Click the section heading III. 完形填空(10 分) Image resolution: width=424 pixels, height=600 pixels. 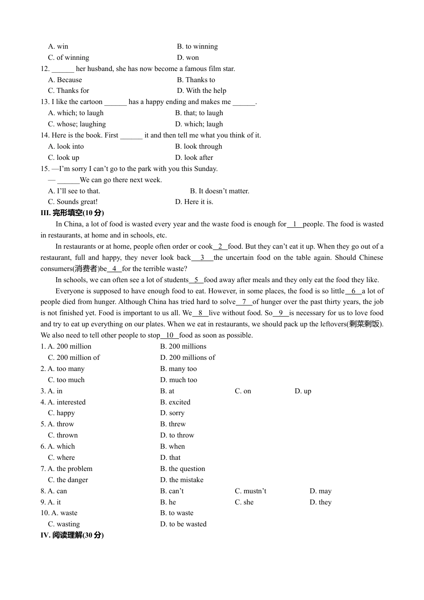point(72,213)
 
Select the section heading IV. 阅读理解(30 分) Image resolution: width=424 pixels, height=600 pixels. point(72,535)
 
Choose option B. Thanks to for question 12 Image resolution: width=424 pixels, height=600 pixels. point(196,80)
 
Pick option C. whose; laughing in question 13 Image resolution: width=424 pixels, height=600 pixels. point(77,124)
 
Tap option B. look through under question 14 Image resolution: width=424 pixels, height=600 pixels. point(199,146)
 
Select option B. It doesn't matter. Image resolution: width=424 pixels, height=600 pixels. point(220,191)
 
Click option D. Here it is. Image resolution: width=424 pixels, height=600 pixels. point(194,202)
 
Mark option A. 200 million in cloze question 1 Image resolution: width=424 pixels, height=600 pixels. point(70,346)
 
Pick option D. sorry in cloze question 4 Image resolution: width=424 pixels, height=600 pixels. point(172,413)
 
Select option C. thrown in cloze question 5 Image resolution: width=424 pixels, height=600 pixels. point(63,435)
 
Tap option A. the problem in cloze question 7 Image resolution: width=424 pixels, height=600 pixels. point(70,469)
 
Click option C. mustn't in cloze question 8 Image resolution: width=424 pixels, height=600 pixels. point(250,491)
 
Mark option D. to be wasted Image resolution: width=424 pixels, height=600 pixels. point(183,524)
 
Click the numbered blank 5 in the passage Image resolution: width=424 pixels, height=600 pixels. point(196,280)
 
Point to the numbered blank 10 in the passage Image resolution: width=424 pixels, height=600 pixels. point(170,335)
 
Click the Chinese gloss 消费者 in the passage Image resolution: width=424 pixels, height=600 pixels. point(86,269)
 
